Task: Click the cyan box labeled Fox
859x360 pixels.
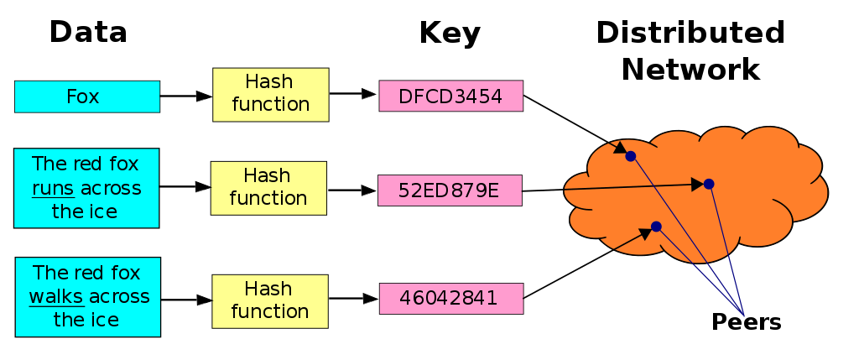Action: point(86,97)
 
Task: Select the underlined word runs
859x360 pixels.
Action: point(53,188)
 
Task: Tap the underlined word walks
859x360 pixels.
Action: point(56,296)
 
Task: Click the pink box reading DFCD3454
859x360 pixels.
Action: point(450,96)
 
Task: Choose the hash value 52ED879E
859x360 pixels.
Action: point(450,190)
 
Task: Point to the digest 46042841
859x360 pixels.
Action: point(450,298)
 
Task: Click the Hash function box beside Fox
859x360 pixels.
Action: point(270,94)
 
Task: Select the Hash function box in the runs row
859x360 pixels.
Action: point(268,188)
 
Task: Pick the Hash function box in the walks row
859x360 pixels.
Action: point(269,300)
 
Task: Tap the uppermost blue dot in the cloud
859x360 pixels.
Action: point(630,156)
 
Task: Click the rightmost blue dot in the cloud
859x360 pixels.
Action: point(709,184)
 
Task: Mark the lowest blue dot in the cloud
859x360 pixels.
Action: point(656,227)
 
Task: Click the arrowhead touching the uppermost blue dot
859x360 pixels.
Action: point(621,151)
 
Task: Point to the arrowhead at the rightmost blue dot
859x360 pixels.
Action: point(697,185)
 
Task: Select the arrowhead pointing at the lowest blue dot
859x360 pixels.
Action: point(645,232)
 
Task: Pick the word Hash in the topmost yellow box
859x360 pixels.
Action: point(269,82)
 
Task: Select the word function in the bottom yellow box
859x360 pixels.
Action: point(269,311)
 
